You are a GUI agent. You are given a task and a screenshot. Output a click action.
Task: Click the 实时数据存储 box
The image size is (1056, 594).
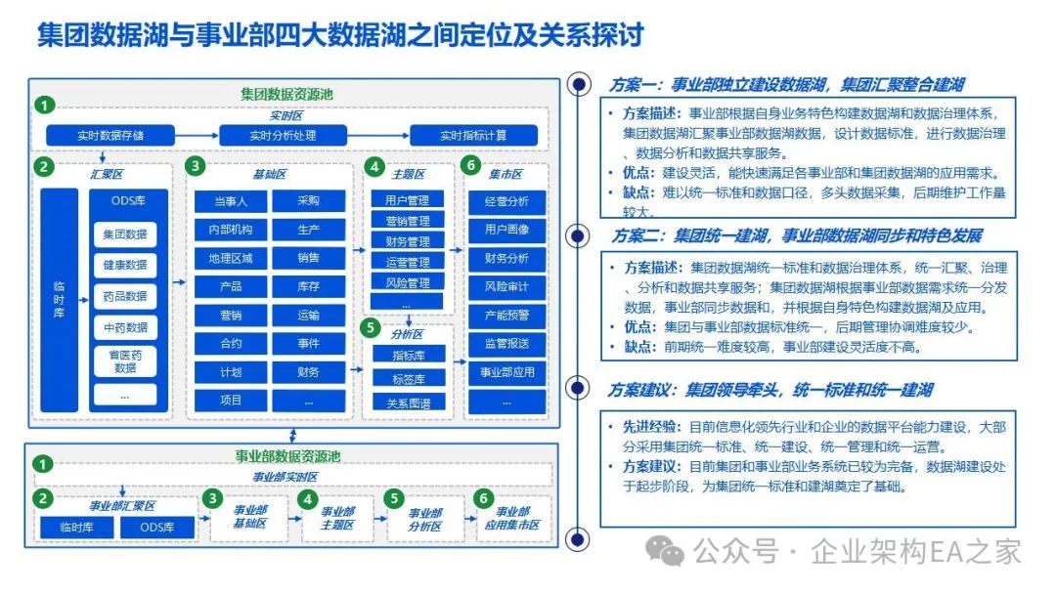click(x=111, y=135)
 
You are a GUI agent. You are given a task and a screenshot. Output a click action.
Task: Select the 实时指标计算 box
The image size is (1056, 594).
click(x=473, y=135)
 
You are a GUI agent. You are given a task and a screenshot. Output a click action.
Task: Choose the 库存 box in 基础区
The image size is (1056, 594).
click(x=309, y=286)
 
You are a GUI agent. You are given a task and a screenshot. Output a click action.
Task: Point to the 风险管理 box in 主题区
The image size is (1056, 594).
click(x=407, y=282)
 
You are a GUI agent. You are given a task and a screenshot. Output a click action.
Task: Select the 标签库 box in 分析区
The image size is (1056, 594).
click(x=407, y=377)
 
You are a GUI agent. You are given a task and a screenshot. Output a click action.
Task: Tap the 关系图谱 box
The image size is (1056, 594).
click(x=407, y=401)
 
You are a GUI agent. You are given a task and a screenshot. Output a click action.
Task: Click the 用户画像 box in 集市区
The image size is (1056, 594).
click(x=506, y=230)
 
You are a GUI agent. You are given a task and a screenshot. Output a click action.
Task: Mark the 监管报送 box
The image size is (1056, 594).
click(x=506, y=343)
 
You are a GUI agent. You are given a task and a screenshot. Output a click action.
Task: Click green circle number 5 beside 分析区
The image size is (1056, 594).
click(x=371, y=327)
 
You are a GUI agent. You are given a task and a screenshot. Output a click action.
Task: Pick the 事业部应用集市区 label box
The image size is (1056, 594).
click(x=511, y=519)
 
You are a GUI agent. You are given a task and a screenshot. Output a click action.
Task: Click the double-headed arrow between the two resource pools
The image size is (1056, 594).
click(x=290, y=436)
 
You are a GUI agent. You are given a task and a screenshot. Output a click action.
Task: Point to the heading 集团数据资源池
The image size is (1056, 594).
click(x=287, y=94)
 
